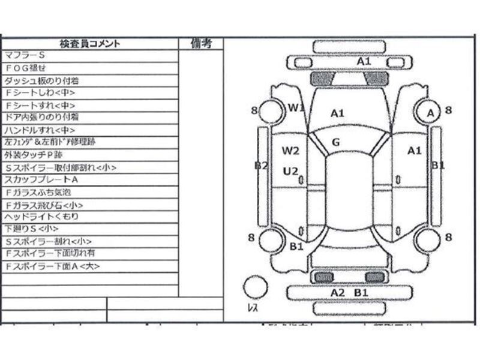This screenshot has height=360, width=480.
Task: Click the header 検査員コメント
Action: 90,43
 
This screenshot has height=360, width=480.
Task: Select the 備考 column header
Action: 201,43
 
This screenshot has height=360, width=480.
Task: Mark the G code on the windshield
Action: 336,142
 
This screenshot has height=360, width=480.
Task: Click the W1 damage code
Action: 296,107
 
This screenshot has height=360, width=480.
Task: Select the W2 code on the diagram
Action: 291,149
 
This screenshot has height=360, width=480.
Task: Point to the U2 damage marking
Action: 291,172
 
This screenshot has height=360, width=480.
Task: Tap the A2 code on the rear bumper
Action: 338,292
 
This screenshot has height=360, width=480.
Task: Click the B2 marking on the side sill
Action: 260,166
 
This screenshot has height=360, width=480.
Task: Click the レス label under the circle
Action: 253,308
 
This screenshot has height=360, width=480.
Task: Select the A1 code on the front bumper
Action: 364,61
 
